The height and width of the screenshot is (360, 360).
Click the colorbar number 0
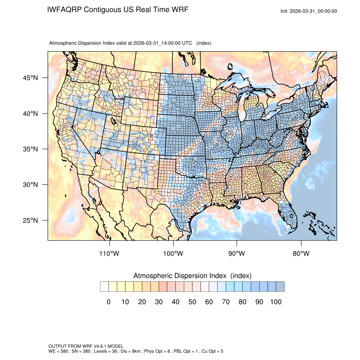[x=108, y=302]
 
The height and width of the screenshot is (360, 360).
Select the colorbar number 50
[x=192, y=302]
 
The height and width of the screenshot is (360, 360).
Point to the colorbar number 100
[x=276, y=302]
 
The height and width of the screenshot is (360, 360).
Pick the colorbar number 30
[x=159, y=302]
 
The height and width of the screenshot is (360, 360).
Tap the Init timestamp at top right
[x=309, y=11]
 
